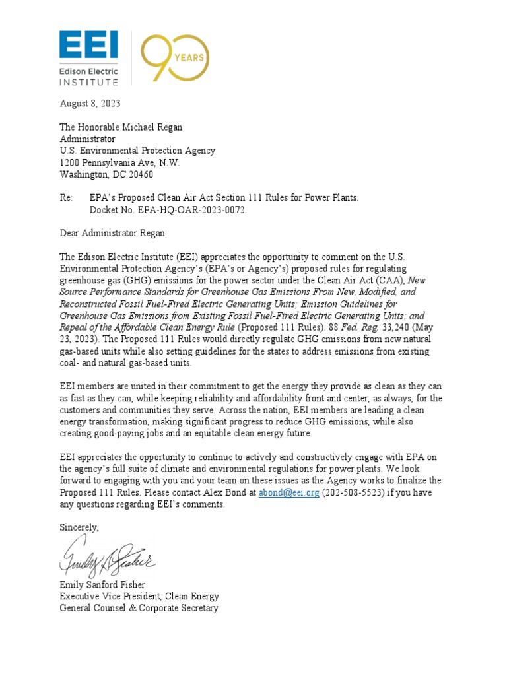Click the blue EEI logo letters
point(89,44)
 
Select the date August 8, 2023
point(90,104)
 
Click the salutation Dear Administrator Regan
point(114,233)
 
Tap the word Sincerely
point(79,527)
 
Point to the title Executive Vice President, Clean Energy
point(139,596)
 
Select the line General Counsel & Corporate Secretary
point(139,608)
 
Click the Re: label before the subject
point(67,198)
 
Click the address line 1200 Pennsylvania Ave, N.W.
point(119,162)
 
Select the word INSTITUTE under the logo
point(89,82)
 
